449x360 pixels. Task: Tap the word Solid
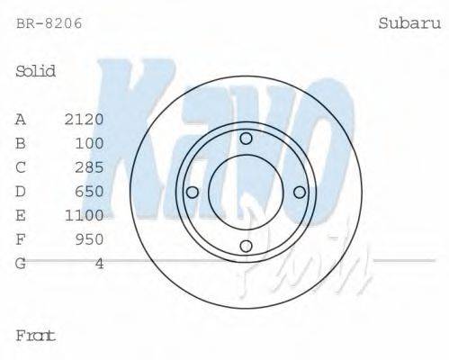pyautogui.click(x=36, y=71)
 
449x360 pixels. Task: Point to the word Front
pyautogui.click(x=36, y=336)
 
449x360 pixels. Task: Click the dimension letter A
pyautogui.click(x=21, y=119)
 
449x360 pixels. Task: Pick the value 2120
pyautogui.click(x=85, y=119)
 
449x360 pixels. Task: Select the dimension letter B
pyautogui.click(x=21, y=143)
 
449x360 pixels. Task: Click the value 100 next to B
pyautogui.click(x=90, y=143)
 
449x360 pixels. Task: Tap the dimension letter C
pyautogui.click(x=21, y=167)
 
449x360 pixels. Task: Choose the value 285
pyautogui.click(x=90, y=167)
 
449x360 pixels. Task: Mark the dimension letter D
pyautogui.click(x=21, y=191)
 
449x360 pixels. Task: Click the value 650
pyautogui.click(x=90, y=191)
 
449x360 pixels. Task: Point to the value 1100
pyautogui.click(x=85, y=215)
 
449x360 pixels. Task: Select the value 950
pyautogui.click(x=90, y=239)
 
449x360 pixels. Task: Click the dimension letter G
pyautogui.click(x=21, y=263)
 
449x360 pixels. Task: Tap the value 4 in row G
pyautogui.click(x=100, y=263)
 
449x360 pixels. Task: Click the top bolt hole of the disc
pyautogui.click(x=246, y=138)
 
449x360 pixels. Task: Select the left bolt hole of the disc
pyautogui.click(x=192, y=192)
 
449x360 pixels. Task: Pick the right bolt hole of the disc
pyautogui.click(x=300, y=192)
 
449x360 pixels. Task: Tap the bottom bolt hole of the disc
pyautogui.click(x=246, y=246)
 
